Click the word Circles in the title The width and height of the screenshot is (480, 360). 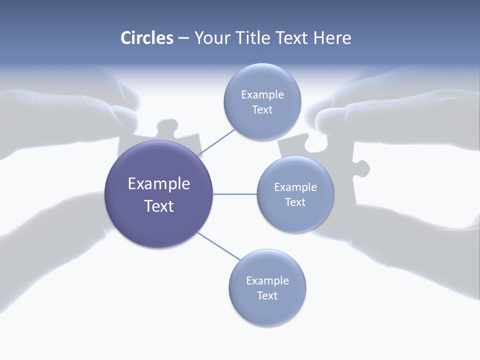click(x=147, y=38)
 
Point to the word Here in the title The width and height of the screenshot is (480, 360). click(x=332, y=38)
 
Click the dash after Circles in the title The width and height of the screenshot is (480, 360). click(x=183, y=38)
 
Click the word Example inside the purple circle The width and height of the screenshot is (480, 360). click(x=159, y=184)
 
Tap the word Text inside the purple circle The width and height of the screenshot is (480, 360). click(x=159, y=206)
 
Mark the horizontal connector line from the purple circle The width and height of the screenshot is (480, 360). click(x=235, y=194)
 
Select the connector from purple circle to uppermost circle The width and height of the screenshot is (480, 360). click(x=216, y=142)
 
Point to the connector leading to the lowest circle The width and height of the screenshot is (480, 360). click(x=218, y=246)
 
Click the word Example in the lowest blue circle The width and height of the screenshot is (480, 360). click(x=267, y=280)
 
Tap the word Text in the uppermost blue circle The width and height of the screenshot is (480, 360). click(x=262, y=110)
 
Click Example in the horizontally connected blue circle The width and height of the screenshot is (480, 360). click(x=295, y=187)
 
